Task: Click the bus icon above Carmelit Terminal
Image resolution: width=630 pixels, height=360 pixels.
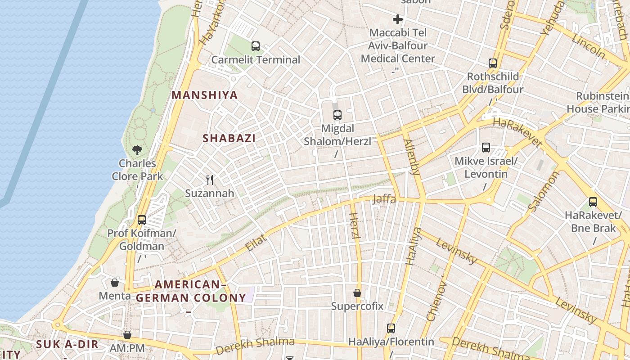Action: coord(256,46)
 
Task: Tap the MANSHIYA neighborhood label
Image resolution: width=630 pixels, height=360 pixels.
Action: coord(205,95)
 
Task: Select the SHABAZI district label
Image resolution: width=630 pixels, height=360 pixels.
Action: coord(229,138)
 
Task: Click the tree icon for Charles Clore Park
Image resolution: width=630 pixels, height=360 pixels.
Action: coord(137,150)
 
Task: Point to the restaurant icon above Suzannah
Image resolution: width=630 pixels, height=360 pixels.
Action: coord(210,180)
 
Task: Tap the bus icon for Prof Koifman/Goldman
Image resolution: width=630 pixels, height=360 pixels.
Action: coord(142,220)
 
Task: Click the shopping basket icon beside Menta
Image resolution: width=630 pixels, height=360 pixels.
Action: coord(115,283)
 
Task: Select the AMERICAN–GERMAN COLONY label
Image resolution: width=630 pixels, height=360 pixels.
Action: coord(191,291)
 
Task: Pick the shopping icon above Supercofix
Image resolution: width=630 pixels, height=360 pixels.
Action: coord(357,293)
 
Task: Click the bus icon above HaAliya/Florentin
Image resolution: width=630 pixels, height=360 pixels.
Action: coord(391,328)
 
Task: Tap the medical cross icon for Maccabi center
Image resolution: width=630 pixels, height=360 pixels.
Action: coord(398,19)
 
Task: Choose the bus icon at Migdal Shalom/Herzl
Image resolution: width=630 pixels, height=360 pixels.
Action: coord(337,115)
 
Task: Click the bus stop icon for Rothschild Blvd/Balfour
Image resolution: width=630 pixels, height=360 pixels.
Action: coord(493,63)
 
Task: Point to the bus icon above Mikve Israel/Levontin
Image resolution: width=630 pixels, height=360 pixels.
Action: coord(486,148)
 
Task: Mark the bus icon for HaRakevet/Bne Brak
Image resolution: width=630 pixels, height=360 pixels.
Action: coord(593,202)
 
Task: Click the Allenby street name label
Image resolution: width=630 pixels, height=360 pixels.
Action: coord(411,156)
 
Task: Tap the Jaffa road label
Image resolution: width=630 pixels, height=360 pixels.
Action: coord(384,198)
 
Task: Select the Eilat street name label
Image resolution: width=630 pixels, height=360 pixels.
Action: coord(256,243)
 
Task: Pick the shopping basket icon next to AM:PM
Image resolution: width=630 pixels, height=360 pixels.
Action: coord(127,335)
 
